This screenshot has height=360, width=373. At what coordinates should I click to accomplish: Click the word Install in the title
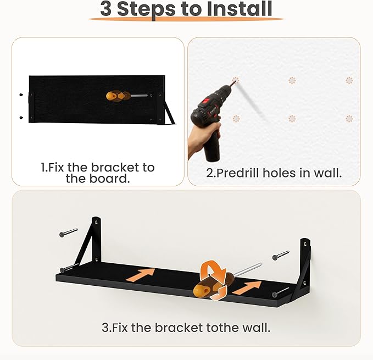pos(240,9)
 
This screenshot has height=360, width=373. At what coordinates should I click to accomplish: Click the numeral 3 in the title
pos(106,9)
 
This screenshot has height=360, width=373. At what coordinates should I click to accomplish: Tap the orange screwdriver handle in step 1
pos(118,96)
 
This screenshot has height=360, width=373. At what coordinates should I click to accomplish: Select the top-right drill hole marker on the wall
pos(349,80)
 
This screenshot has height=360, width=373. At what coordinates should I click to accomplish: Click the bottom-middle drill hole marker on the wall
pos(292,119)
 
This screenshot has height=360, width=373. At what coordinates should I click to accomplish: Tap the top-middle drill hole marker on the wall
pos(292,80)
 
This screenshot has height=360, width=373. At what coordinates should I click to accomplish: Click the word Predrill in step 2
pos(238,173)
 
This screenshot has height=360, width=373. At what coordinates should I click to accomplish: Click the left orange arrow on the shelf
pos(140,275)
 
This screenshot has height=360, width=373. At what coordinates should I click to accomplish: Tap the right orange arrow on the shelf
pos(247,287)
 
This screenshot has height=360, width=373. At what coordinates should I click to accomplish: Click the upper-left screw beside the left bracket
pos(69,232)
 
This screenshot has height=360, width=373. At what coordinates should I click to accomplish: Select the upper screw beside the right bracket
pos(281,256)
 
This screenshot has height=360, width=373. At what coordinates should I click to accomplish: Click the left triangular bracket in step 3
pos(91,240)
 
